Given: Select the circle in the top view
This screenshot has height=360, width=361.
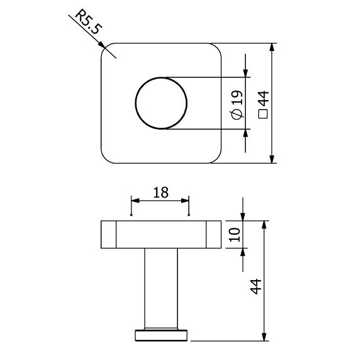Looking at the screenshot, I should (162, 103).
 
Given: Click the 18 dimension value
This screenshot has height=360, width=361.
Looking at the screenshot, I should (160, 192).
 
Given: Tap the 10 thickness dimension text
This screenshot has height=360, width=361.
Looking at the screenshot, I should (235, 235).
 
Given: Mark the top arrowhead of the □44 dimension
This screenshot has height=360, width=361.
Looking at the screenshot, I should (272, 48).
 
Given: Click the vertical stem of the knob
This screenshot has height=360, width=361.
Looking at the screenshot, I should (162, 286).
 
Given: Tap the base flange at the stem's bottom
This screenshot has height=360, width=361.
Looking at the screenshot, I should (162, 335).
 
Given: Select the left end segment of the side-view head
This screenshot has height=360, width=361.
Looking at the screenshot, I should (108, 235).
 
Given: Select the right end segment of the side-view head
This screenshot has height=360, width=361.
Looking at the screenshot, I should (214, 235).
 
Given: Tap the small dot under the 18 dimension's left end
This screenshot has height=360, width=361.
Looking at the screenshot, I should (131, 215).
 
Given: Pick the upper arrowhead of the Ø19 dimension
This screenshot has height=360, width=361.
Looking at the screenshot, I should (245, 72).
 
